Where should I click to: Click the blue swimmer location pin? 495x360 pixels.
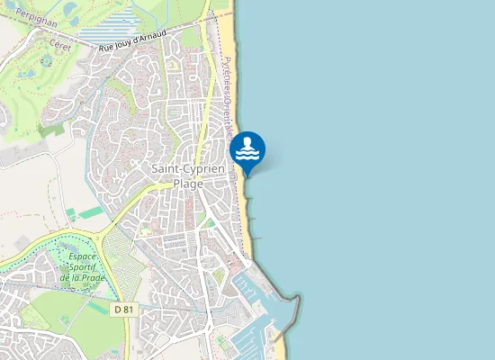point(247,150)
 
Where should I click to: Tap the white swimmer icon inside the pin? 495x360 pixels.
point(247,148)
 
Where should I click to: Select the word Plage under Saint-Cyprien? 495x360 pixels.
point(188,183)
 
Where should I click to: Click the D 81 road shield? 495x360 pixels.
point(123,309)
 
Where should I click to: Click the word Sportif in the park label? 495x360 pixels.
point(83,267)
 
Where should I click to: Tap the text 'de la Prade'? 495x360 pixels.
point(82,277)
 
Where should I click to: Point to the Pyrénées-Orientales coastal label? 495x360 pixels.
point(228,90)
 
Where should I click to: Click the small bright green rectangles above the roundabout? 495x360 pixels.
point(86,213)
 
